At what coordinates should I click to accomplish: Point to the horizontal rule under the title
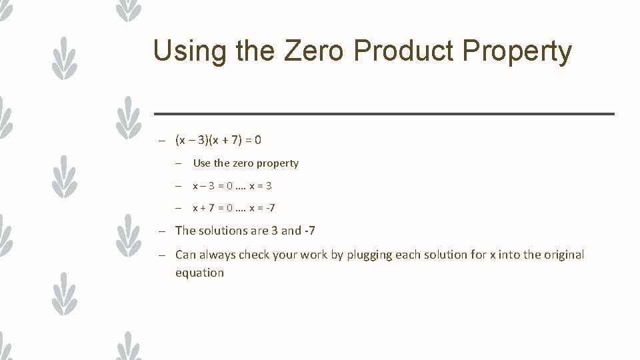[384, 114]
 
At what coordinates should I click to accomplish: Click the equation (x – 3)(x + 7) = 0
[218, 140]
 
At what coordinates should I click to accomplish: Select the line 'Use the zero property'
[245, 163]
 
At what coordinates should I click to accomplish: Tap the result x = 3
[260, 186]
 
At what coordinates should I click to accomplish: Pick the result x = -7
[262, 208]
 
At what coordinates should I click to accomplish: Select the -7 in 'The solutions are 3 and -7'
[309, 231]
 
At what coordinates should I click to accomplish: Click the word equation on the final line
[199, 273]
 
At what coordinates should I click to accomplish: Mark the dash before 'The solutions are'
[162, 231]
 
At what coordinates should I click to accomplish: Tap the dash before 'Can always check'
[162, 255]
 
